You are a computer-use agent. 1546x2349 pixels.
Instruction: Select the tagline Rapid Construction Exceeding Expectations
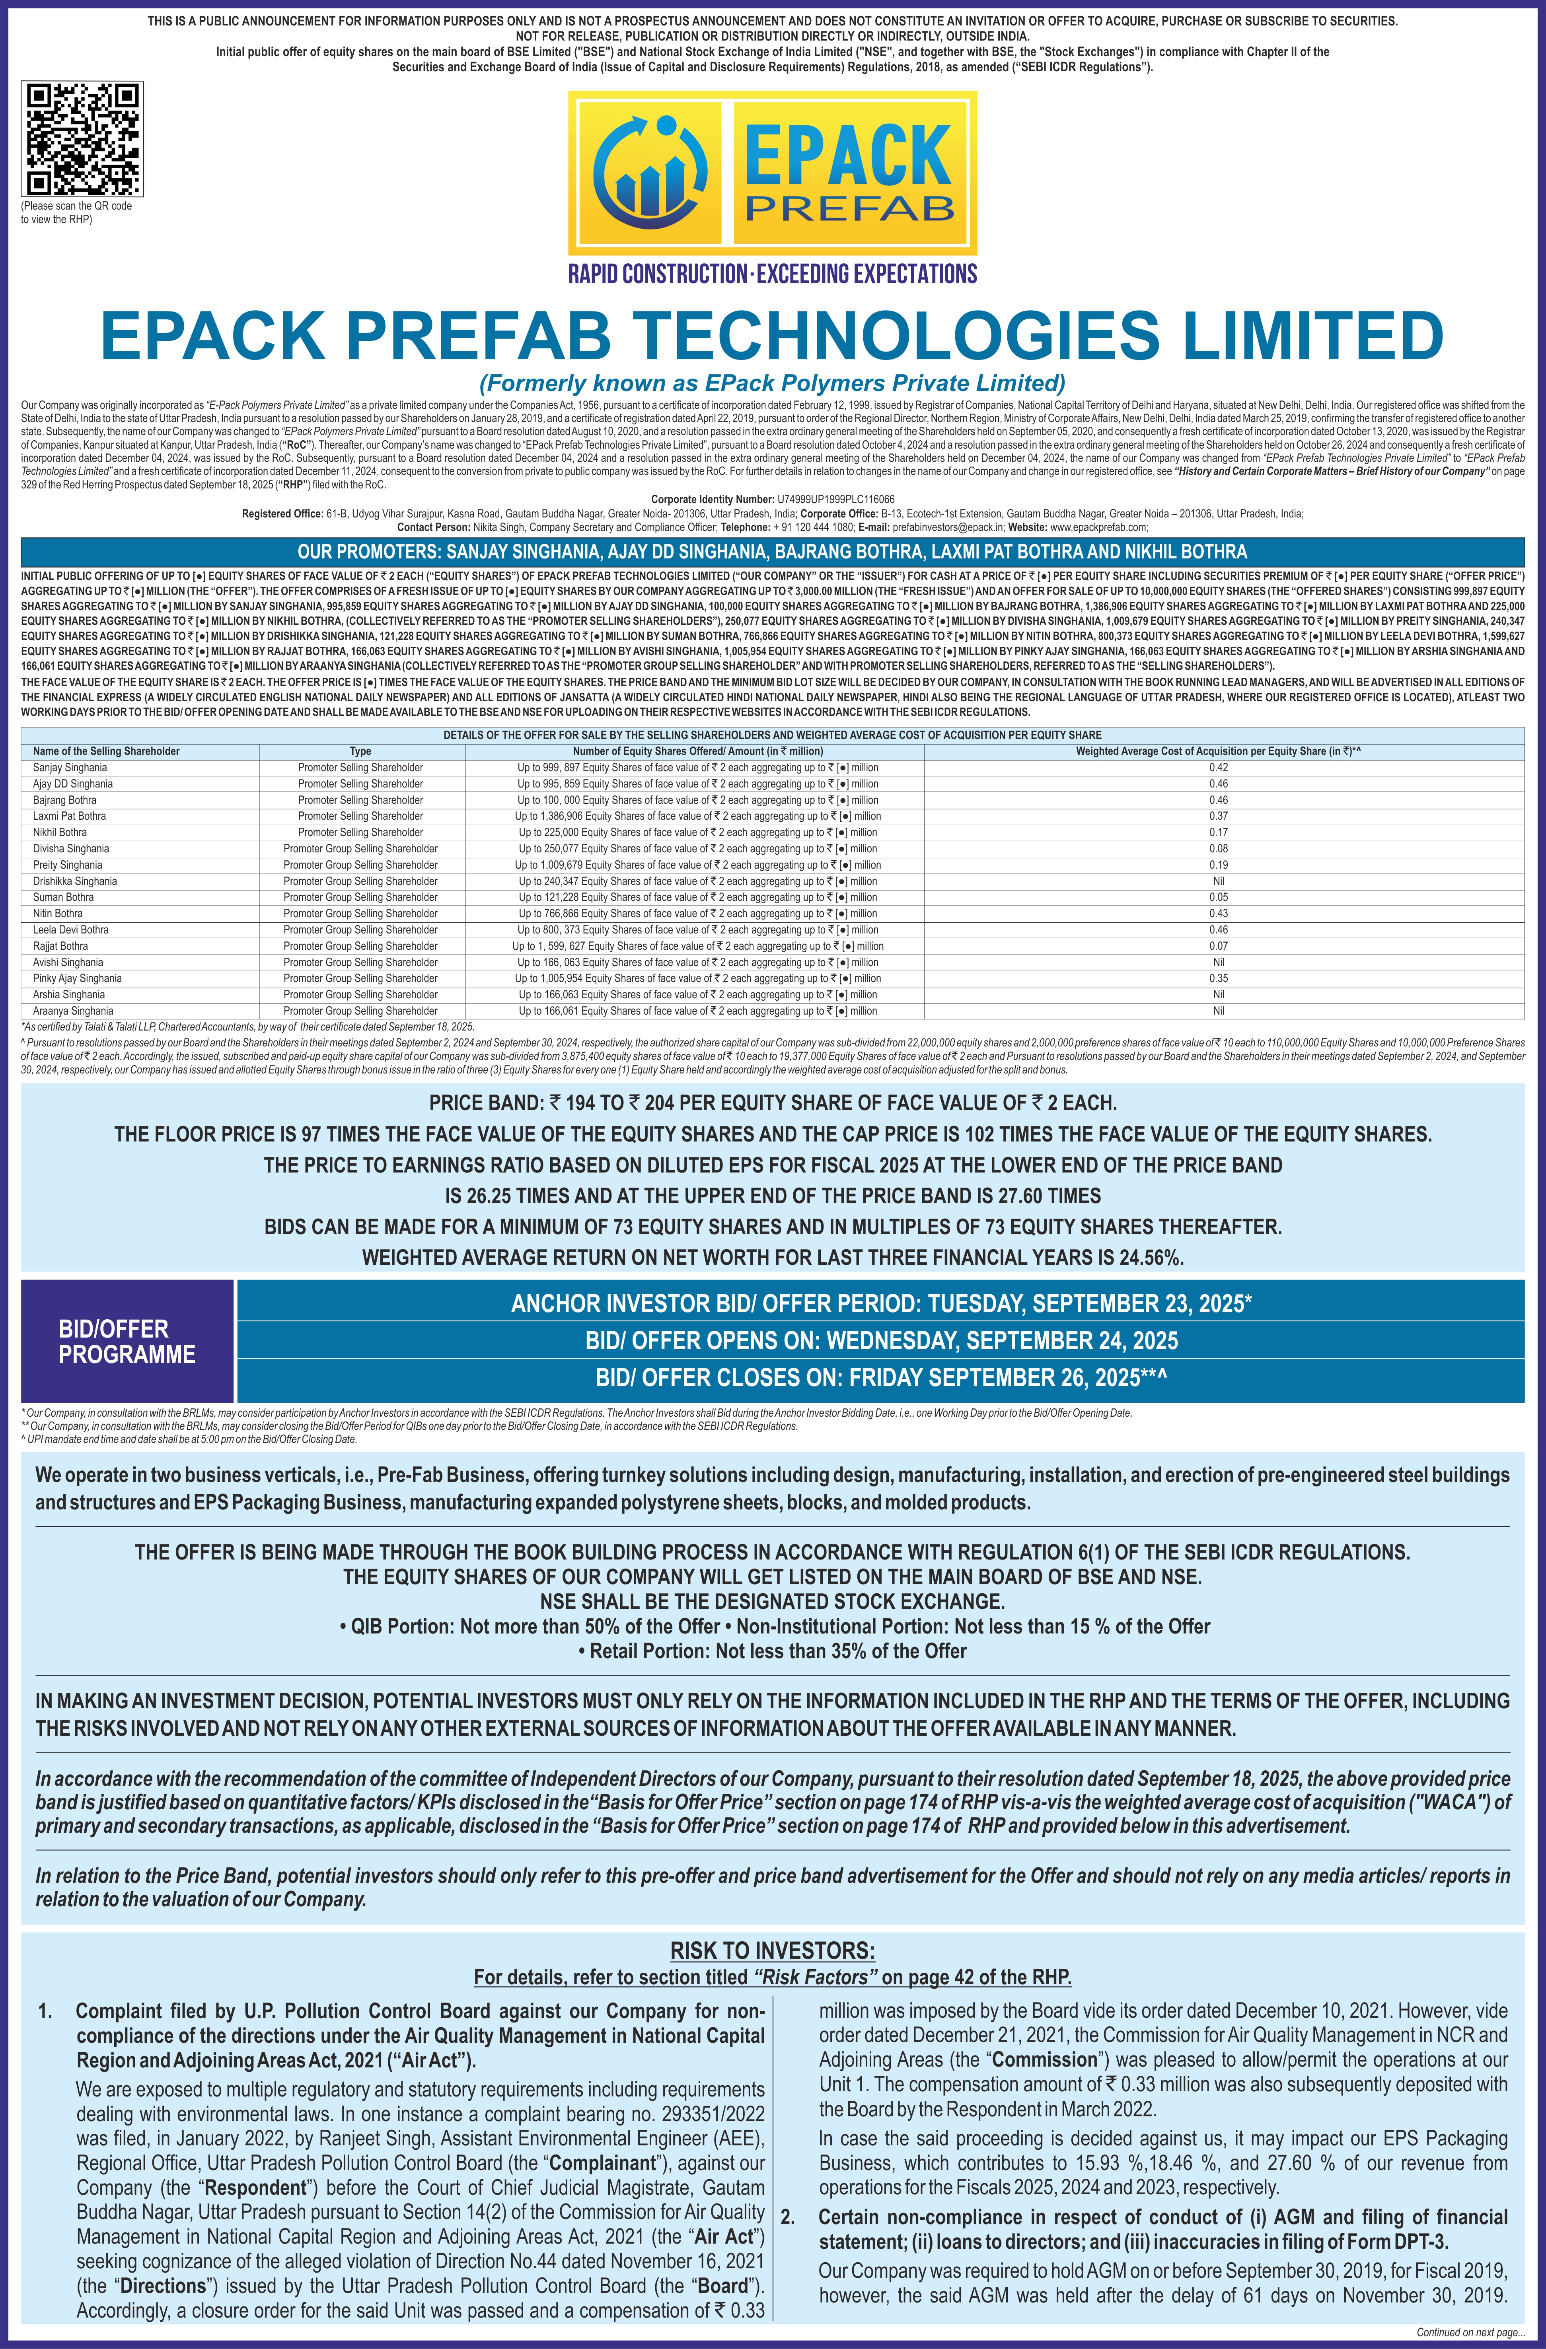[772, 273]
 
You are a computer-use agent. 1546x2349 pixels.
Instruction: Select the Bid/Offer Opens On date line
[880, 1340]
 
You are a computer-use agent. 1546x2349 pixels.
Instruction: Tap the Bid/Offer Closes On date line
[880, 1378]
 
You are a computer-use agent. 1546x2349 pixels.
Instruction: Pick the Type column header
[360, 751]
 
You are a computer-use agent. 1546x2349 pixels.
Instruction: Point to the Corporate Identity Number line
[772, 500]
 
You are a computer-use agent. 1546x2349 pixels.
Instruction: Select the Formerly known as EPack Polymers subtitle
[772, 383]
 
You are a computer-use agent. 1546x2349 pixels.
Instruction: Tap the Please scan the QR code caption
[76, 212]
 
